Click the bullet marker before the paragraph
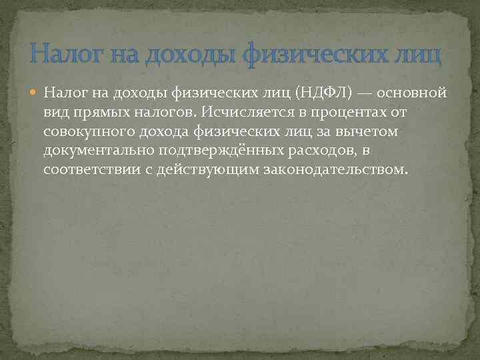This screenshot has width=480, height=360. coord(34,93)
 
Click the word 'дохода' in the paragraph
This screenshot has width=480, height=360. coord(175,131)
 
